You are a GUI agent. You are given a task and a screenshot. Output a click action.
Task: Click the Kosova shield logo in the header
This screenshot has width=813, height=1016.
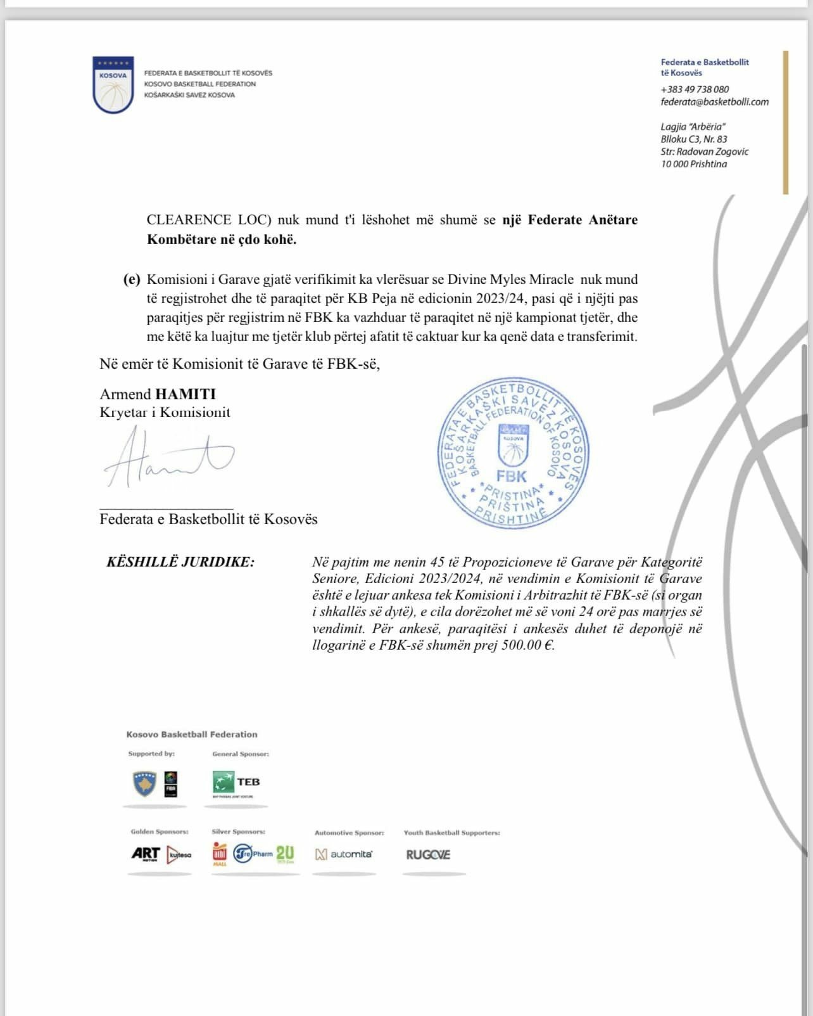(x=113, y=85)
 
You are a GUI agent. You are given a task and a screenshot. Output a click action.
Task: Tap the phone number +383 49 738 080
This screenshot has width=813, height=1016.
(x=695, y=89)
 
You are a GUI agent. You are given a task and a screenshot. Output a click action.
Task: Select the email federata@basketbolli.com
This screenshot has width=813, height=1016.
(x=714, y=101)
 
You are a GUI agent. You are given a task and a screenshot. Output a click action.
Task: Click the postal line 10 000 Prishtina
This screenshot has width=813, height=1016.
(x=694, y=164)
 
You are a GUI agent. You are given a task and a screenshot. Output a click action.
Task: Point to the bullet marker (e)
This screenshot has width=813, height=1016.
(x=132, y=280)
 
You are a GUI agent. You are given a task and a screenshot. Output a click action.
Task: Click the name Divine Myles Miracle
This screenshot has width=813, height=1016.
(x=510, y=280)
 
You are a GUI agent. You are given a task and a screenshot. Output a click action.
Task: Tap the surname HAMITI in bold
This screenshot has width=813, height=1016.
(x=186, y=394)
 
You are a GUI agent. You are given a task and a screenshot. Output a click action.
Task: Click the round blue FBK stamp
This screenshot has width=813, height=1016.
(x=512, y=453)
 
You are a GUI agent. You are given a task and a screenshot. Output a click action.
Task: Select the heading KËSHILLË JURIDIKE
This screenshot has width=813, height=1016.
(x=180, y=562)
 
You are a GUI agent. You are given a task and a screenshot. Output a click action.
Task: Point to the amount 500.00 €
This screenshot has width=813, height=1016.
(x=527, y=646)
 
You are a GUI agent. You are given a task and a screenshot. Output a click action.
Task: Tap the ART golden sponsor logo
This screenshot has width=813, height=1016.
(x=146, y=854)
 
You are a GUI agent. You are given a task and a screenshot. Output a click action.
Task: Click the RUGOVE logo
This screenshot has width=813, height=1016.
(x=428, y=854)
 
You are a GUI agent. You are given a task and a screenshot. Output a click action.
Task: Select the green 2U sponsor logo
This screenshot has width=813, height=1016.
(x=285, y=853)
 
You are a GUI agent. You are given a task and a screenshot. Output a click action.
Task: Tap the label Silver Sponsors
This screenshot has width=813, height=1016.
(x=238, y=832)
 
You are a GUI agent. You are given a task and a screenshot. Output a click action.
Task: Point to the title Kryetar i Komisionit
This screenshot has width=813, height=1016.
(x=165, y=413)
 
